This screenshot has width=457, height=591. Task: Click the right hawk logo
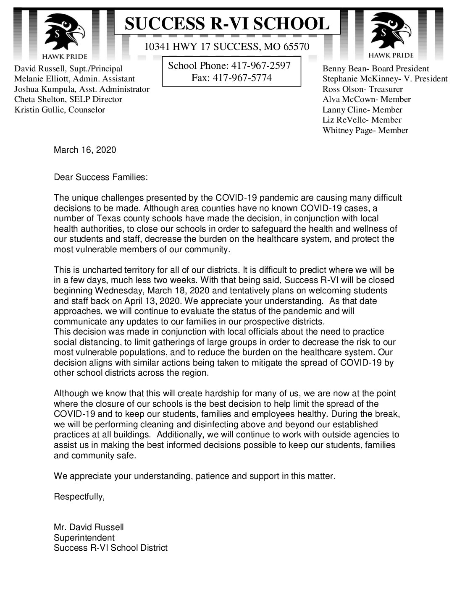391,31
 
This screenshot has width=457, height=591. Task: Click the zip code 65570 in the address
295,47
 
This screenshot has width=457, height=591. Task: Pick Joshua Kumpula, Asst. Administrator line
81,89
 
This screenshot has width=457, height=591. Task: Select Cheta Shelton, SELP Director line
68,99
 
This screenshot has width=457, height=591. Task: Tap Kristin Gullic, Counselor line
60,110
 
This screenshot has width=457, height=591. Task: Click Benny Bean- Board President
376,69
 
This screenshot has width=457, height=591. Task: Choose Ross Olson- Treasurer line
362,89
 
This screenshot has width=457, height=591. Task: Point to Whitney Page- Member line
365,130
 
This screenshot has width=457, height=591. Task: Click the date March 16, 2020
85,150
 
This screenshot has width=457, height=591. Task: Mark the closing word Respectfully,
79,497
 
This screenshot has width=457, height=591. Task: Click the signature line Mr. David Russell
89,527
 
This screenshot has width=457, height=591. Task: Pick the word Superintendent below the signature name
84,537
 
